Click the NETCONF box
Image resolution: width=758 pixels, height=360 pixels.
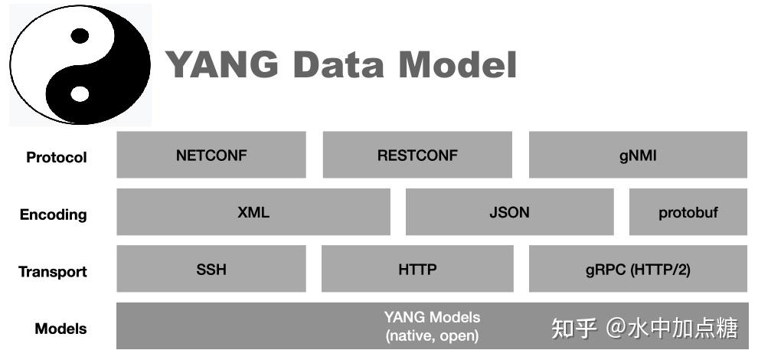[211, 155]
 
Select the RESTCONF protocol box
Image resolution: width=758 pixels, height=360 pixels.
[417, 155]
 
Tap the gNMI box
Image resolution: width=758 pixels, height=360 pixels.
[638, 155]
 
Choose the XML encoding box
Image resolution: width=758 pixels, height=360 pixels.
[253, 212]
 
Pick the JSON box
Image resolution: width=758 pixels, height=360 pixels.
[509, 212]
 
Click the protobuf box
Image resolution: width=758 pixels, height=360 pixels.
[688, 212]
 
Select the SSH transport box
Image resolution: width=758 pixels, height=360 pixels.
[211, 269]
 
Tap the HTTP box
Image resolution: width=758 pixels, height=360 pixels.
[417, 269]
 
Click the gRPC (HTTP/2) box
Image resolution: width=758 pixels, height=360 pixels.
[638, 269]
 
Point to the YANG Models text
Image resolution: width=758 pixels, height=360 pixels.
[432, 317]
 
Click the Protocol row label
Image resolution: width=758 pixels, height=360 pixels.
[57, 158]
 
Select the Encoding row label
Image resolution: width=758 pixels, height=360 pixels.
[54, 214]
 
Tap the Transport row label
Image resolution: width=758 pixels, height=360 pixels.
[53, 272]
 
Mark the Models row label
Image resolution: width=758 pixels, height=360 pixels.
[60, 329]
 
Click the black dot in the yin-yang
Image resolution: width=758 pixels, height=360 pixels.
[80, 35]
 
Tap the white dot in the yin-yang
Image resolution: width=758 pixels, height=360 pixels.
[80, 93]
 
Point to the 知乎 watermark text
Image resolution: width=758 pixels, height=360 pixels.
[574, 329]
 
